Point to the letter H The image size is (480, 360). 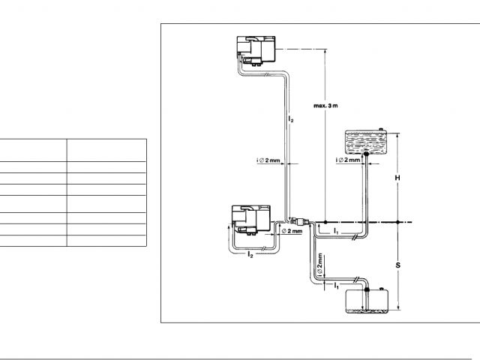(398, 178)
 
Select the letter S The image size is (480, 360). (398, 265)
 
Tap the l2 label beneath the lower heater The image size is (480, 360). (250, 254)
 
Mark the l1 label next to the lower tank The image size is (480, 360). (336, 286)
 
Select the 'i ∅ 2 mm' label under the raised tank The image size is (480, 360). (347, 160)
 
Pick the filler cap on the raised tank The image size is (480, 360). (382, 130)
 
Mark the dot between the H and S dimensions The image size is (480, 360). (398, 222)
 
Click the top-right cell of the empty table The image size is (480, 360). (106, 148)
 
